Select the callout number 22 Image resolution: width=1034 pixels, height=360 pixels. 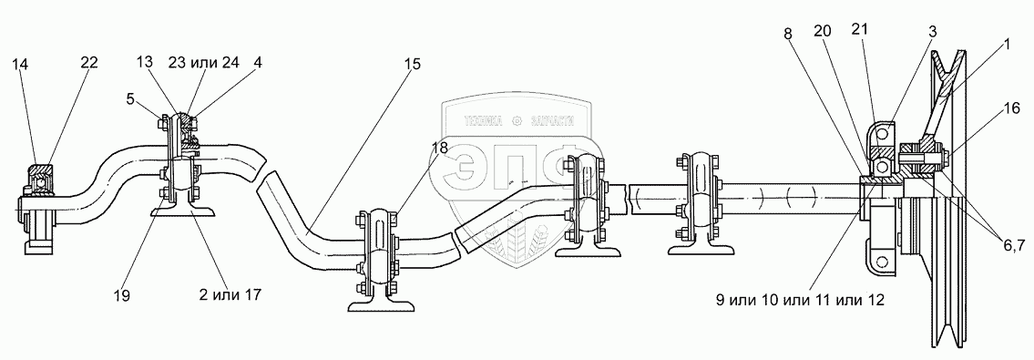(x=89, y=63)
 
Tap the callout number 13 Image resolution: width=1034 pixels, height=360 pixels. (x=145, y=62)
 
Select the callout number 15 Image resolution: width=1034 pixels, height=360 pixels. (x=413, y=64)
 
